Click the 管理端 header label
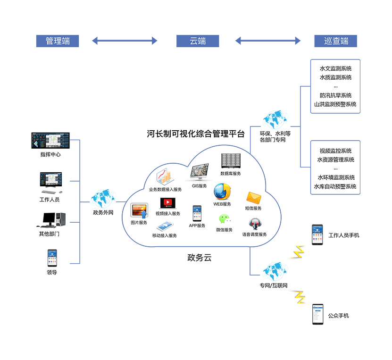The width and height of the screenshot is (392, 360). click(x=58, y=41)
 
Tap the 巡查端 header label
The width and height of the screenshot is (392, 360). click(x=335, y=41)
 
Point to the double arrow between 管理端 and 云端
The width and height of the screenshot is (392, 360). click(x=125, y=41)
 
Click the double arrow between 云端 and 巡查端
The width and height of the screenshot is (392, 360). click(x=268, y=41)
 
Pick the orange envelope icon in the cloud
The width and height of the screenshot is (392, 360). click(x=253, y=198)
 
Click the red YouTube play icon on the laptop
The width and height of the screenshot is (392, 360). click(x=167, y=203)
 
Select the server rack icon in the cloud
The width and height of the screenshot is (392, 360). click(x=231, y=160)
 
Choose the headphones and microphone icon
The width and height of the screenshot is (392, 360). click(x=255, y=225)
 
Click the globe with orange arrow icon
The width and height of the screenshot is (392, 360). click(x=222, y=192)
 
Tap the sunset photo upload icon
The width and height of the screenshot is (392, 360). click(x=140, y=210)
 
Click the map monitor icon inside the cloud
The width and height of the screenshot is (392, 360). click(x=200, y=172)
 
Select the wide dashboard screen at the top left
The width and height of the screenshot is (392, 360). click(x=50, y=141)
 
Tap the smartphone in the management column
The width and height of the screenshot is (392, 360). click(x=52, y=258)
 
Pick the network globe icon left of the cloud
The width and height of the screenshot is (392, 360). click(x=103, y=198)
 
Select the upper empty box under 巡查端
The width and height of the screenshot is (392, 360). click(x=335, y=86)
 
